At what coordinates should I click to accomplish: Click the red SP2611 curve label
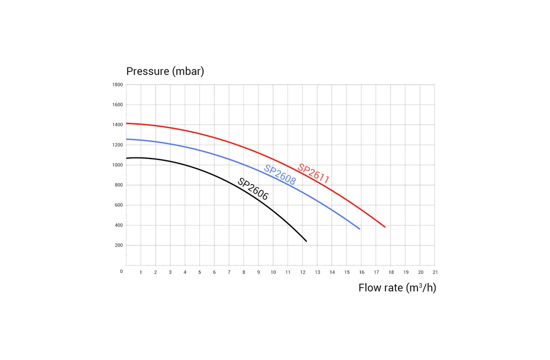pyautogui.click(x=313, y=173)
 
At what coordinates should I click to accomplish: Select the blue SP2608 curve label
pyautogui.click(x=279, y=175)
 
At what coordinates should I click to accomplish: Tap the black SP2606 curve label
pyautogui.click(x=252, y=189)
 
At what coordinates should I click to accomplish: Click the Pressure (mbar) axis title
pyautogui.click(x=165, y=71)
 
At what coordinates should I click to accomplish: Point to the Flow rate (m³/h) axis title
pyautogui.click(x=397, y=288)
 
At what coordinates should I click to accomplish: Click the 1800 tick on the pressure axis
pyautogui.click(x=117, y=84)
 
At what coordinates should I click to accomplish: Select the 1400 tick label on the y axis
pyautogui.click(x=117, y=124)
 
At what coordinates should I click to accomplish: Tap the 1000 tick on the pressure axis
pyautogui.click(x=117, y=165)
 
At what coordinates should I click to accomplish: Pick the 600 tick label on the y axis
pyautogui.click(x=118, y=205)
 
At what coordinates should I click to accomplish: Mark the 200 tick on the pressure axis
pyautogui.click(x=118, y=245)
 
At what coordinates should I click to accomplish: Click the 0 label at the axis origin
pyautogui.click(x=121, y=271)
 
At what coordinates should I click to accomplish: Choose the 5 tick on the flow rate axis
pyautogui.click(x=199, y=272)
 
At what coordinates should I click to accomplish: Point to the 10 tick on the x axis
pyautogui.click(x=273, y=272)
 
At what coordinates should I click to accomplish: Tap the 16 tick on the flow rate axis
pyautogui.click(x=361, y=272)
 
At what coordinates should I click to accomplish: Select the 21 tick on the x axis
pyautogui.click(x=435, y=272)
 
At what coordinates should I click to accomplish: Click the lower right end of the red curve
pyautogui.click(x=385, y=227)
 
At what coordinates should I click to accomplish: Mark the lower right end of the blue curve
pyautogui.click(x=359, y=229)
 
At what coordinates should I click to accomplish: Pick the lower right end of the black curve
pyautogui.click(x=306, y=241)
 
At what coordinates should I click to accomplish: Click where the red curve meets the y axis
pyautogui.click(x=126, y=123)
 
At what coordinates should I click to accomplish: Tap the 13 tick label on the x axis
pyautogui.click(x=317, y=272)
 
